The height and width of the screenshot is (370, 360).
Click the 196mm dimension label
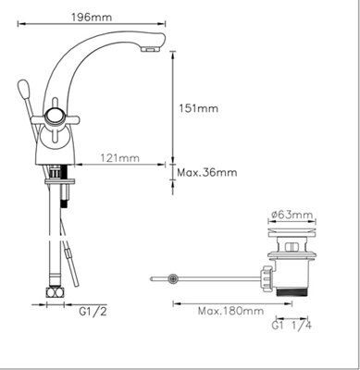[92, 17]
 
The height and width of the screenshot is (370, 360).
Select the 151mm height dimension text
[198, 108]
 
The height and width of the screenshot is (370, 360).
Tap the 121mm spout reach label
[119, 158]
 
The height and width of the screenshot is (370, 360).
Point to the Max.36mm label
[207, 172]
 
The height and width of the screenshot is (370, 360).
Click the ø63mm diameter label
[292, 214]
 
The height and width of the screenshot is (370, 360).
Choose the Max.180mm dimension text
[230, 311]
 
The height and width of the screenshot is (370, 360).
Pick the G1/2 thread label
[93, 312]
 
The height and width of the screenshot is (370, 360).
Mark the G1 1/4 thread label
[292, 326]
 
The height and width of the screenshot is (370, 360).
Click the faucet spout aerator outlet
[149, 49]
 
